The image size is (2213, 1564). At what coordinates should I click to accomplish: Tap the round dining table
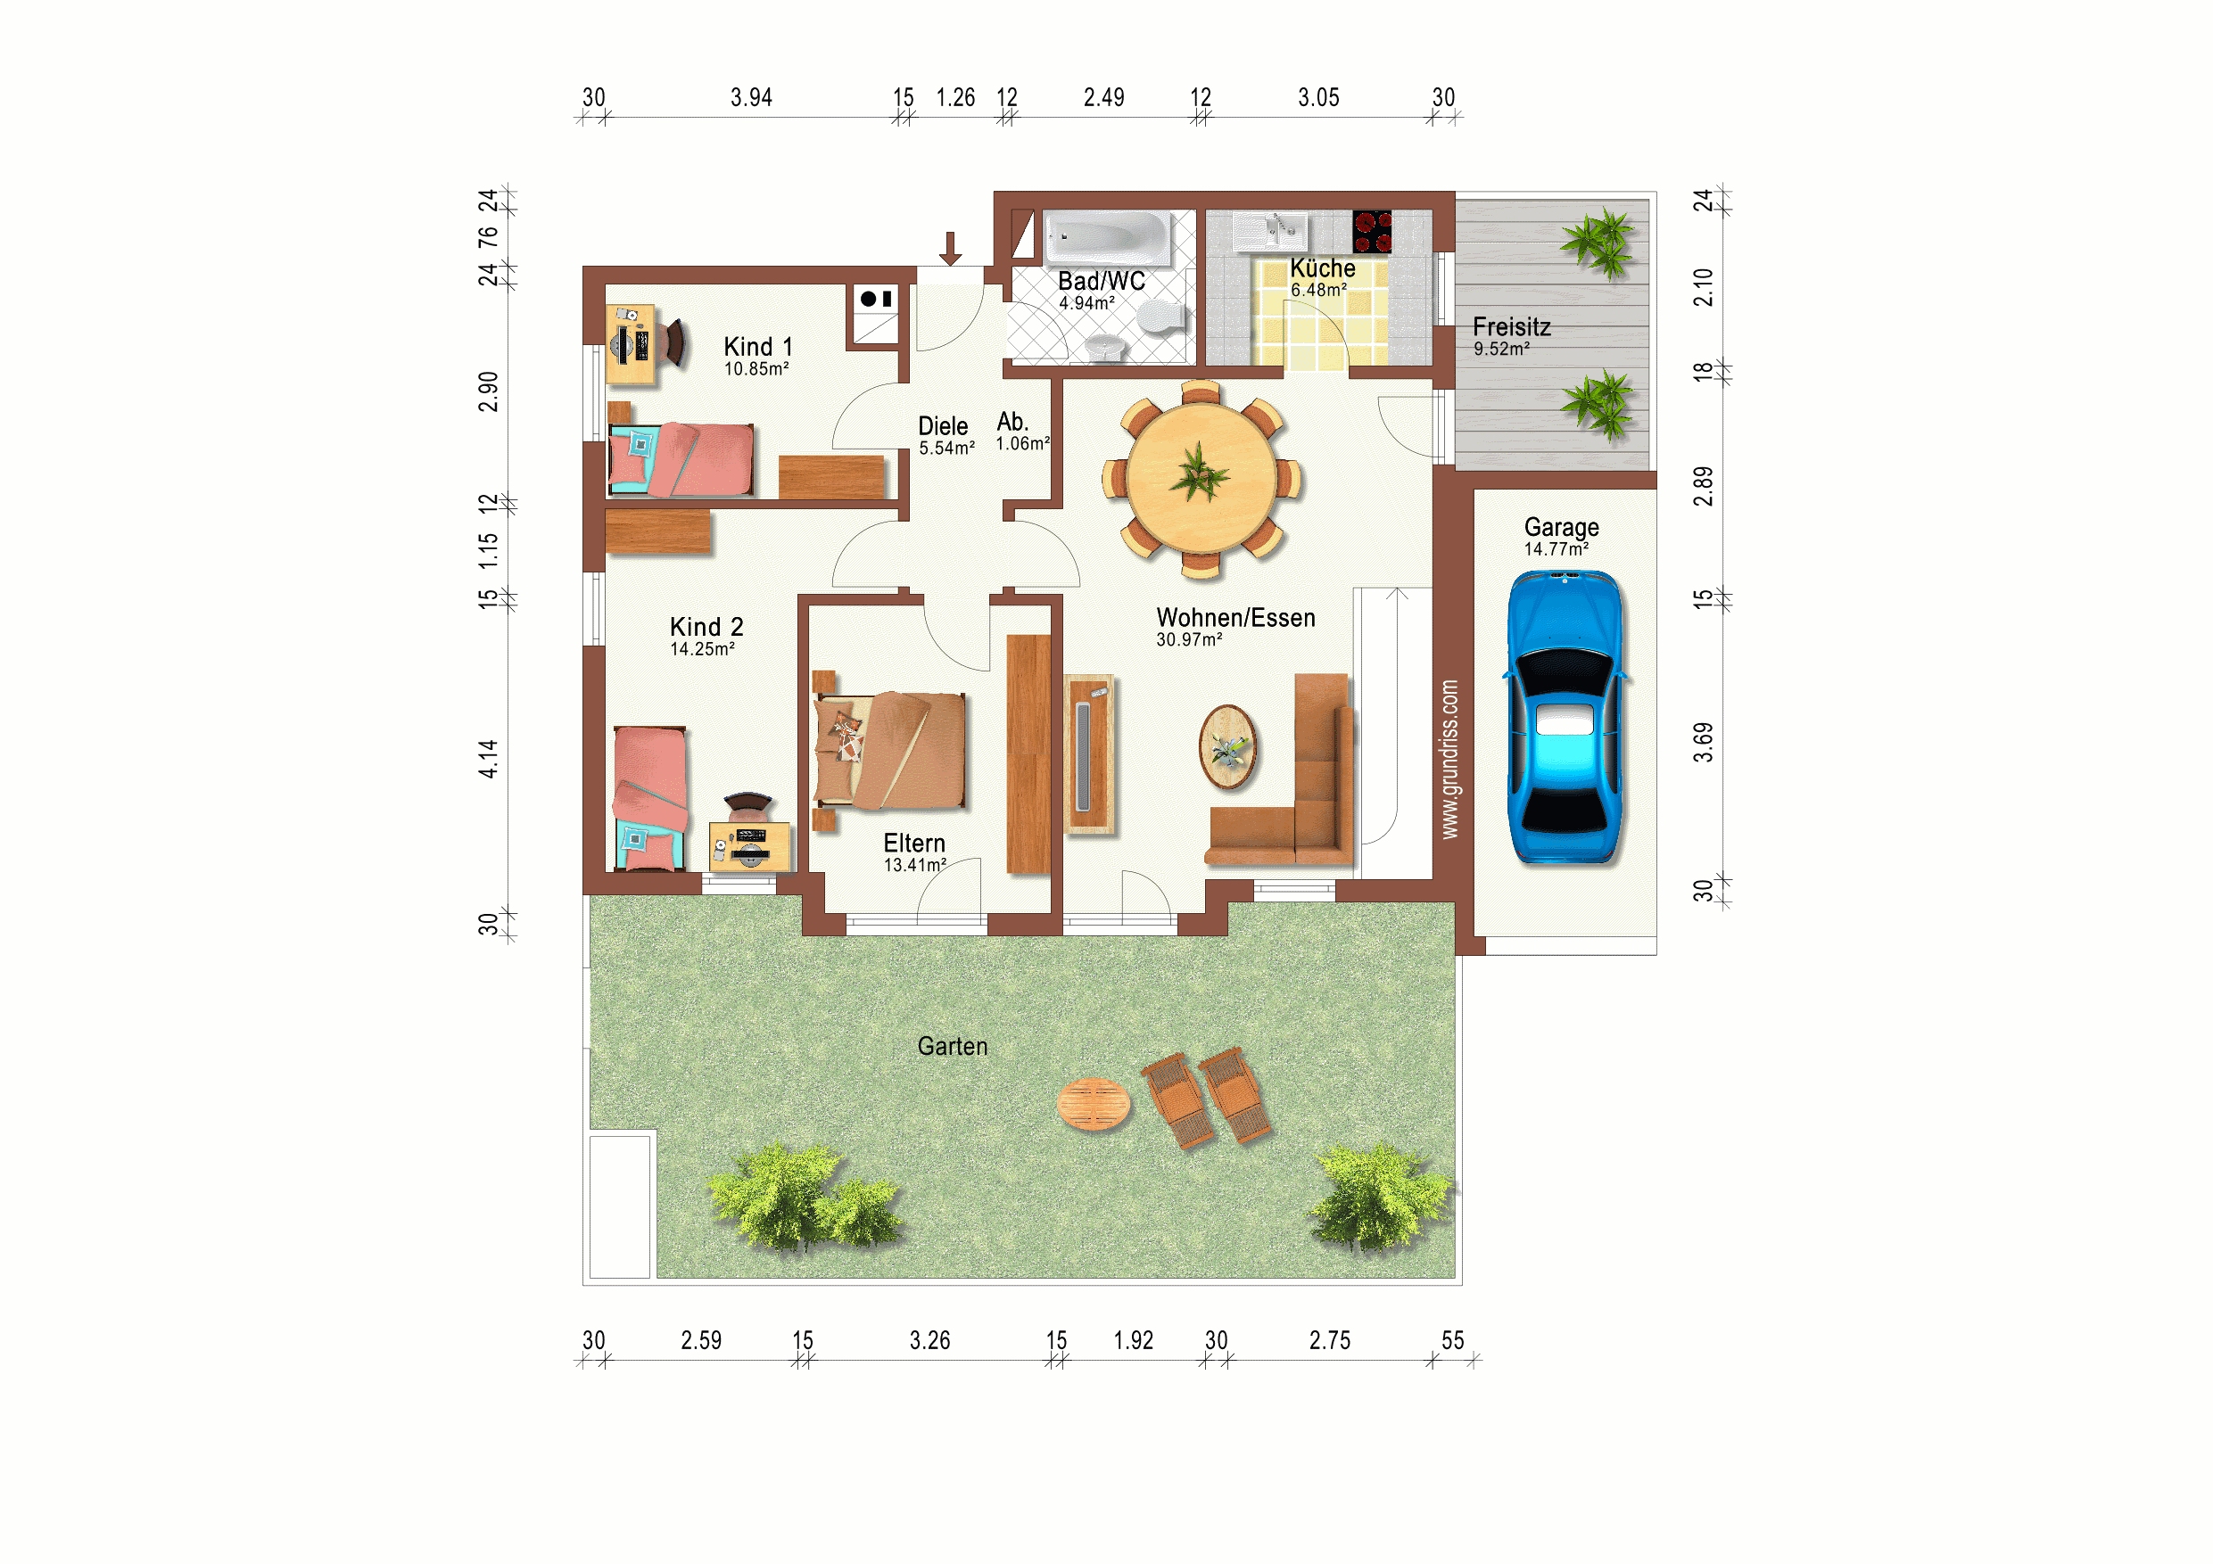pyautogui.click(x=1201, y=478)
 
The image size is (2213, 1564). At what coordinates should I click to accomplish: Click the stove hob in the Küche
pyautogui.click(x=1372, y=231)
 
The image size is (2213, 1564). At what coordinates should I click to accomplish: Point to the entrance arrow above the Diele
pyautogui.click(x=950, y=249)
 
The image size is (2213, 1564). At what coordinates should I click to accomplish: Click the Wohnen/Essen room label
pyautogui.click(x=1235, y=618)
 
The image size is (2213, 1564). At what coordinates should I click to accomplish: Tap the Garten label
pyautogui.click(x=953, y=1047)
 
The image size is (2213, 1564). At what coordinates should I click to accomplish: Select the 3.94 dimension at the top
pyautogui.click(x=751, y=97)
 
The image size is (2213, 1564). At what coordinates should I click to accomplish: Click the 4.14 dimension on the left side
pyautogui.click(x=489, y=759)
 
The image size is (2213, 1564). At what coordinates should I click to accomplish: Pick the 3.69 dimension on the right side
pyautogui.click(x=1703, y=742)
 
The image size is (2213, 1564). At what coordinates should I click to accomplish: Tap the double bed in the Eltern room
pyautogui.click(x=889, y=750)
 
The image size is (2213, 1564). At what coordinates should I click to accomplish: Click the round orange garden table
pyautogui.click(x=1093, y=1103)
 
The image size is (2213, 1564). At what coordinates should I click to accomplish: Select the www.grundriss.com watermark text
pyautogui.click(x=1449, y=760)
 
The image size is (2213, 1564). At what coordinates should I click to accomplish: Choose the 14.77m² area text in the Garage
pyautogui.click(x=1556, y=549)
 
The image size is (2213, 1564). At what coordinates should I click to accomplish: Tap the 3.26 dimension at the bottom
pyautogui.click(x=930, y=1340)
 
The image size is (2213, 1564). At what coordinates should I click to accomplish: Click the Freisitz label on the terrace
pyautogui.click(x=1511, y=326)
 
